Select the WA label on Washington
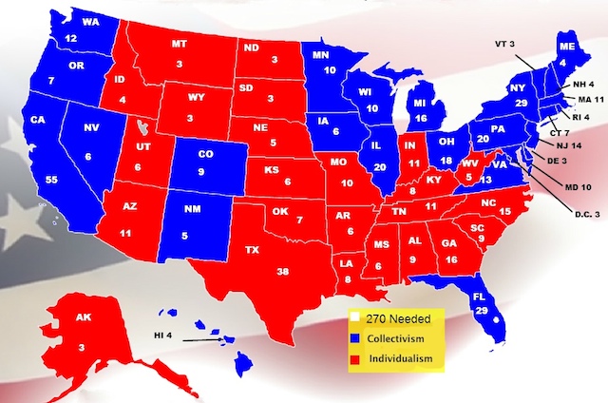point(66,21)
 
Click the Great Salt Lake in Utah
point(142,126)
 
